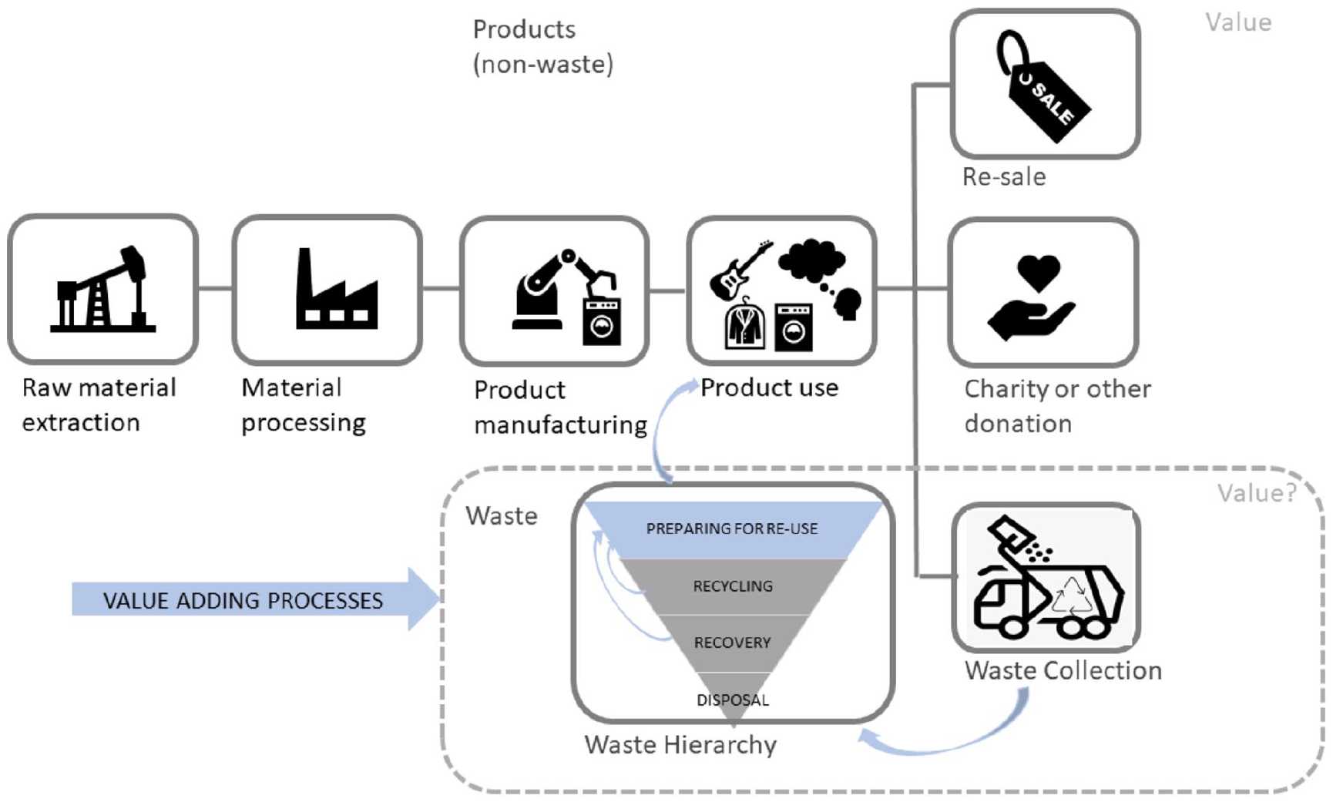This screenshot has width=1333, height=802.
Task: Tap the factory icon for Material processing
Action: (x=337, y=289)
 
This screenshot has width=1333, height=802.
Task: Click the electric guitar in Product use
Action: (x=739, y=270)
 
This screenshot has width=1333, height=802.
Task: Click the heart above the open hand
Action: (x=1038, y=273)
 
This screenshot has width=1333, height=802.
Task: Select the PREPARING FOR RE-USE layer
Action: (x=733, y=529)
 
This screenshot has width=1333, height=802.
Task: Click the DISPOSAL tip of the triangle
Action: (x=733, y=700)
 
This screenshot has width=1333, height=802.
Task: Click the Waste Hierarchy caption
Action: (x=680, y=745)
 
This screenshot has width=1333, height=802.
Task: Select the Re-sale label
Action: (x=1004, y=177)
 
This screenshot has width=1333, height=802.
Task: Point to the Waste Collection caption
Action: (x=1063, y=671)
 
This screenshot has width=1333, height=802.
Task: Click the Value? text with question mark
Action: (x=1257, y=493)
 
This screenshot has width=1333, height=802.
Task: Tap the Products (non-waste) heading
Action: (x=543, y=47)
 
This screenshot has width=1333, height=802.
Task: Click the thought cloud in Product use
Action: (x=812, y=260)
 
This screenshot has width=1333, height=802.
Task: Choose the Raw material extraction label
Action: (x=99, y=405)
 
